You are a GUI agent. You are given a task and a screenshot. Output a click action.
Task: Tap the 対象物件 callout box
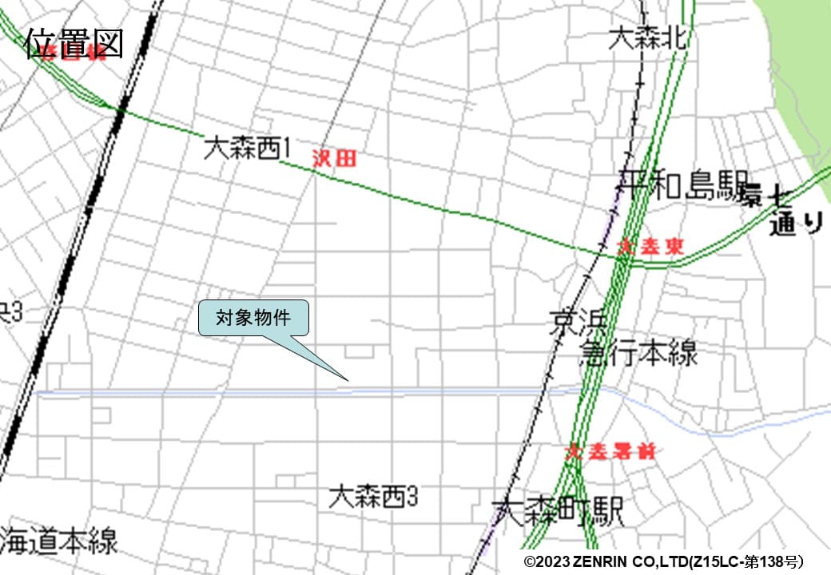click(253, 318)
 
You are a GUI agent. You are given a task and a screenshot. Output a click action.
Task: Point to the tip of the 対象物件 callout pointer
click(348, 379)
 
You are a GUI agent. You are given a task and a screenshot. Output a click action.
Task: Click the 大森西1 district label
click(248, 148)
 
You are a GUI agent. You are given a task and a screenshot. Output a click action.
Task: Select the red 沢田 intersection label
click(334, 158)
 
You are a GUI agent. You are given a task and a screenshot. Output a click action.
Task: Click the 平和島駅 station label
click(682, 187)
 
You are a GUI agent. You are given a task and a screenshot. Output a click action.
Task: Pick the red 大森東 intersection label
click(651, 248)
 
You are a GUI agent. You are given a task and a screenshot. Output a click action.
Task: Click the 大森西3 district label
click(373, 497)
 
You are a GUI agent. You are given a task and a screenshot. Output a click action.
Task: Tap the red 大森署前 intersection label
click(611, 452)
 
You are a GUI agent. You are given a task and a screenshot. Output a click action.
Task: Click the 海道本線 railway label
click(59, 541)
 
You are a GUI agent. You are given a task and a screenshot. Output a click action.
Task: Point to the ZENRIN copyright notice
click(663, 561)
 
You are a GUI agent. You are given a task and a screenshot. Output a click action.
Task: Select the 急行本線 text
click(638, 352)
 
